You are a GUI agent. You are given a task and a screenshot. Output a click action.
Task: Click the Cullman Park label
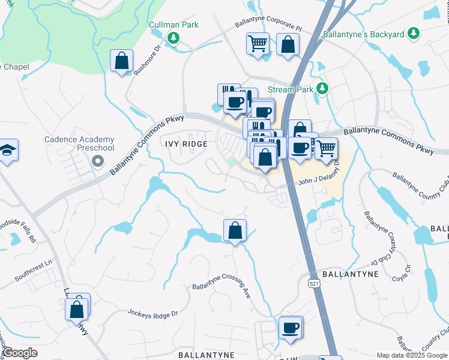[x=173, y=25]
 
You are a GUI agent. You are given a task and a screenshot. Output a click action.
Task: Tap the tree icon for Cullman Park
[x=173, y=38]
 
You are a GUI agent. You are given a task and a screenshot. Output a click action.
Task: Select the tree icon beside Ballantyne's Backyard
[x=413, y=34]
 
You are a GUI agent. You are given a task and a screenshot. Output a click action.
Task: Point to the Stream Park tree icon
[x=322, y=89]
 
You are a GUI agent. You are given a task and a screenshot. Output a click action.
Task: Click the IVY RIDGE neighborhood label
[x=187, y=144]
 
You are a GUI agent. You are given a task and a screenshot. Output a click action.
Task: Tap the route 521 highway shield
[x=315, y=282]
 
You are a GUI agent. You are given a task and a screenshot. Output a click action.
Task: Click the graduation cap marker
[x=8, y=150]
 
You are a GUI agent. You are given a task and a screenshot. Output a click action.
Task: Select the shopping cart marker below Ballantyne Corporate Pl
[x=257, y=44]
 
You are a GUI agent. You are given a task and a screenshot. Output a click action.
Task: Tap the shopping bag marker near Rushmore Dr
[x=122, y=61]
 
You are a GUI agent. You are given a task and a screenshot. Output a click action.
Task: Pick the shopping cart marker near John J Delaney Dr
[x=326, y=148]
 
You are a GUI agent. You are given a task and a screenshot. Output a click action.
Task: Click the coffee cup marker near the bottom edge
[x=291, y=328]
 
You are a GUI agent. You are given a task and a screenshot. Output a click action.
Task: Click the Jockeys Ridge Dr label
[x=152, y=313]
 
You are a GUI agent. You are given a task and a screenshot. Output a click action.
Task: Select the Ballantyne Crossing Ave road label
[x=221, y=290]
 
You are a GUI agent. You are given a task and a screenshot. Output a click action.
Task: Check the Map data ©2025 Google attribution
[x=411, y=355]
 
